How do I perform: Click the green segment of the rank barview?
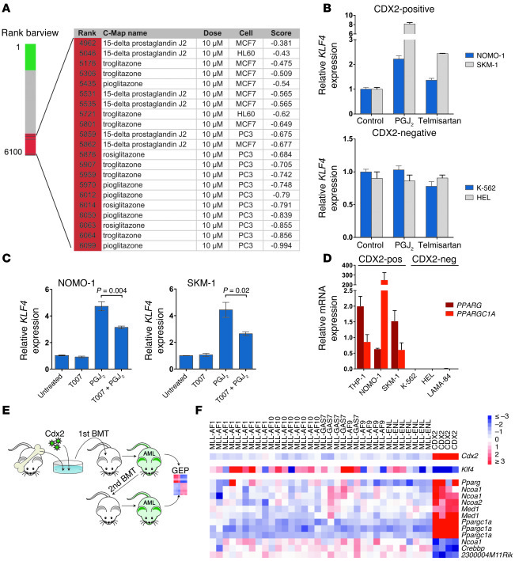(30, 57)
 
